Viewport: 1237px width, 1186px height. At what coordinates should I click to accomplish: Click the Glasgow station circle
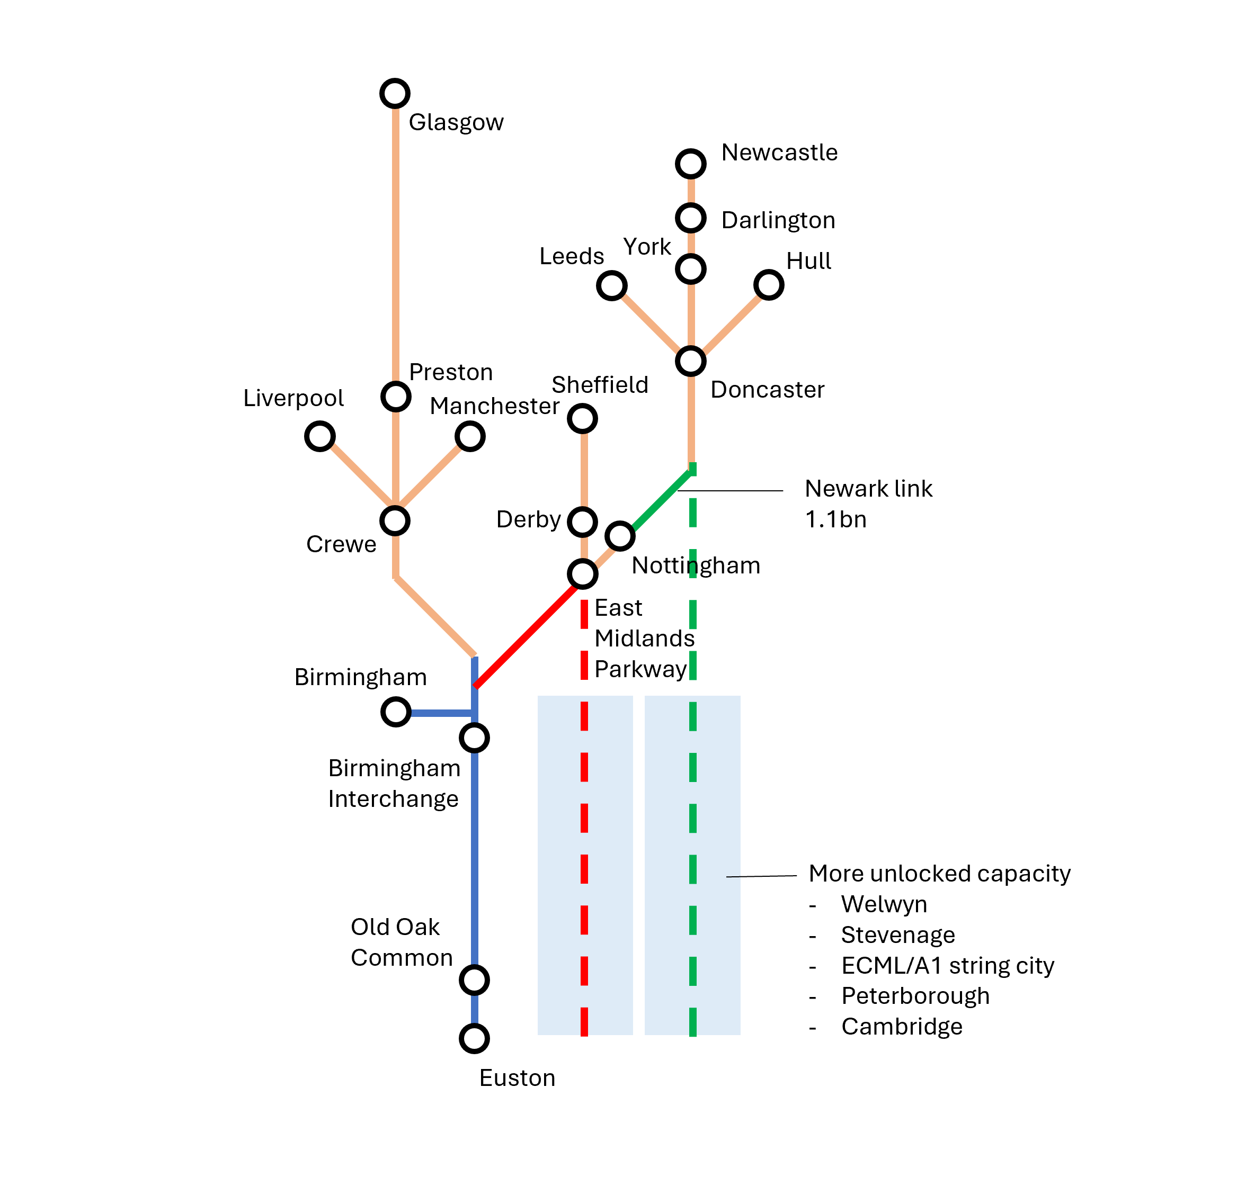tap(395, 93)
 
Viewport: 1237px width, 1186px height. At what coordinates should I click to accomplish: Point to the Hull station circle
tap(769, 285)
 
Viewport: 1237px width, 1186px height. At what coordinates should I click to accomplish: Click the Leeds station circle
tap(611, 286)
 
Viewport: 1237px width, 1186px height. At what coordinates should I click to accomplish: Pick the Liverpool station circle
tap(320, 437)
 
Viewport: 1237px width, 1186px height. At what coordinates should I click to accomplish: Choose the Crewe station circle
tap(395, 521)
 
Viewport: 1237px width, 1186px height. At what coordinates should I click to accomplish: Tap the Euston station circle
tap(475, 1038)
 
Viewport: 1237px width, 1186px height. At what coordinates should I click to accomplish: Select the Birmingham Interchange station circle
tap(475, 738)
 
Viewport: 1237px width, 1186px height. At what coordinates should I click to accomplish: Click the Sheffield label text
tap(600, 385)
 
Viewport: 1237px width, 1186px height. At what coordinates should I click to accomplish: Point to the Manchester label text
tap(494, 406)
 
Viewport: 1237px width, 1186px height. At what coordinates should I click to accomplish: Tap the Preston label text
tap(451, 372)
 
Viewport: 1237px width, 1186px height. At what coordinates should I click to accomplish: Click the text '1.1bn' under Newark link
tap(835, 520)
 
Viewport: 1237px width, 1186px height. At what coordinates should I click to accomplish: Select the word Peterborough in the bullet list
tap(915, 996)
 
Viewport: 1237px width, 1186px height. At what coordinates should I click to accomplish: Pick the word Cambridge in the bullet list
tap(902, 1027)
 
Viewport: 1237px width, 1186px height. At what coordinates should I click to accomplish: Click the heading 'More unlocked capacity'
tap(939, 874)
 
